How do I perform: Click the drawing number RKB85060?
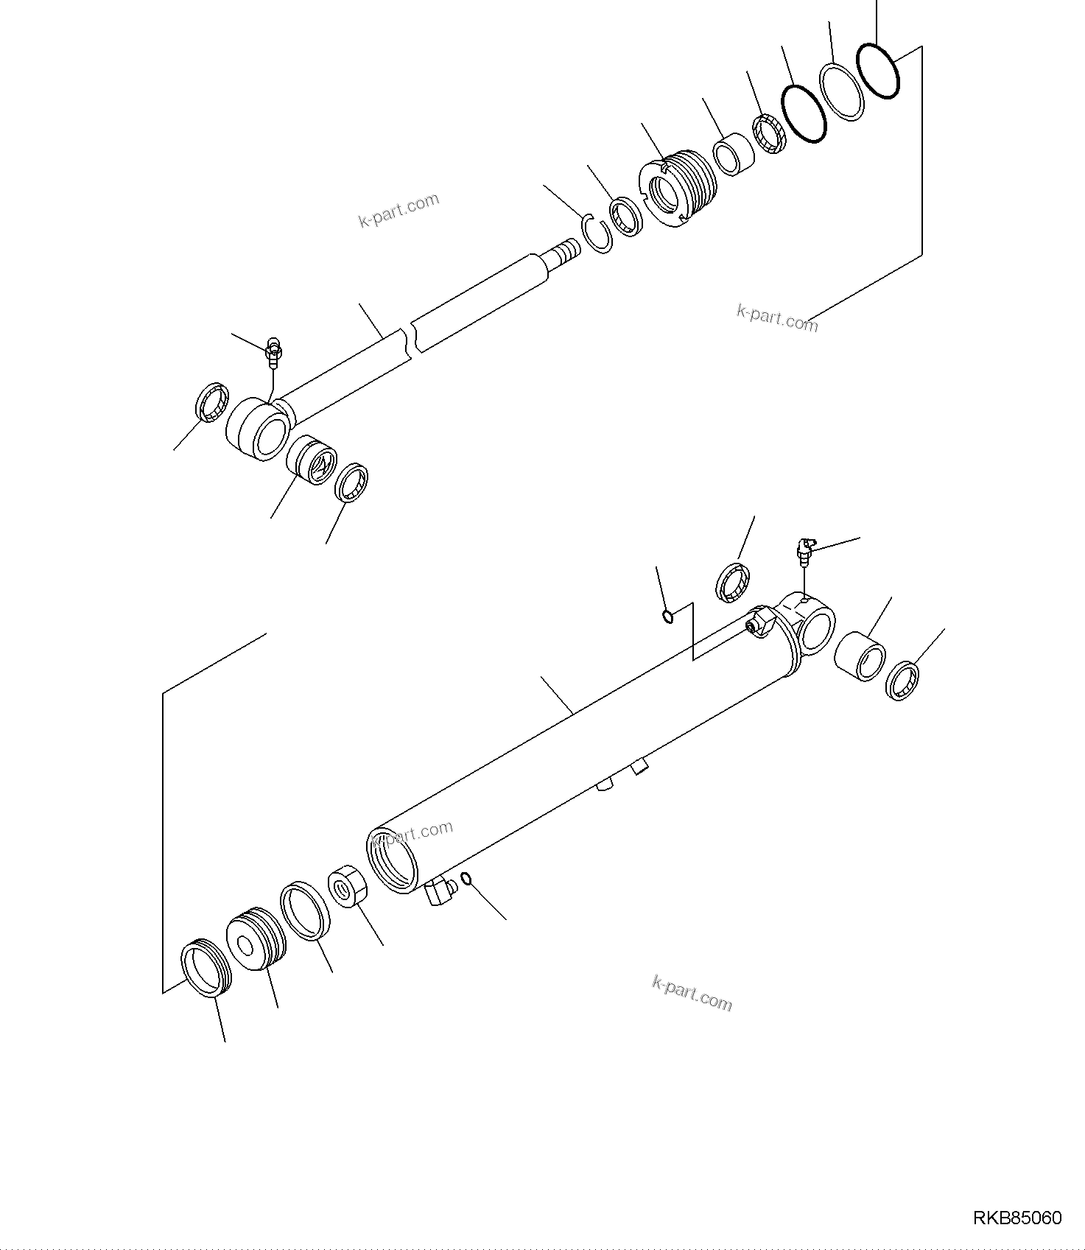[x=1017, y=1218]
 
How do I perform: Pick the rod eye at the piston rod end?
[x=257, y=428]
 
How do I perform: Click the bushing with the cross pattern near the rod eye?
[x=311, y=460]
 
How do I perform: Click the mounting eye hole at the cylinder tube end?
[x=815, y=630]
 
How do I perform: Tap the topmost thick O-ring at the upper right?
[x=878, y=70]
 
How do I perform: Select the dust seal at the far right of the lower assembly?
[x=904, y=681]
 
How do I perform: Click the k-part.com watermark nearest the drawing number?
[x=692, y=994]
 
